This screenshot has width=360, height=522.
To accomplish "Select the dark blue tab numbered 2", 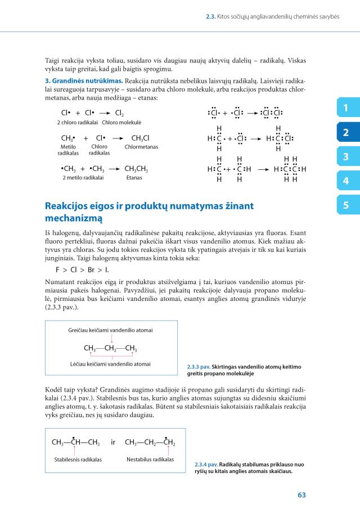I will (345, 133).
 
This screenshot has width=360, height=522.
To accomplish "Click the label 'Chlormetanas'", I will (142, 147).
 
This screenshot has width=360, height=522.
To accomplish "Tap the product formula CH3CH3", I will (136, 168).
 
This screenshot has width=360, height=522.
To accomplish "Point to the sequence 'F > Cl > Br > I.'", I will (82, 269).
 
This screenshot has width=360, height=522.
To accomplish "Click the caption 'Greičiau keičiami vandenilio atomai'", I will (110, 330).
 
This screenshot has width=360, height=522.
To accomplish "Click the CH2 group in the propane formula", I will (110, 348).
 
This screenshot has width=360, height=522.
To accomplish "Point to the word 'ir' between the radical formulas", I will (113, 443).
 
